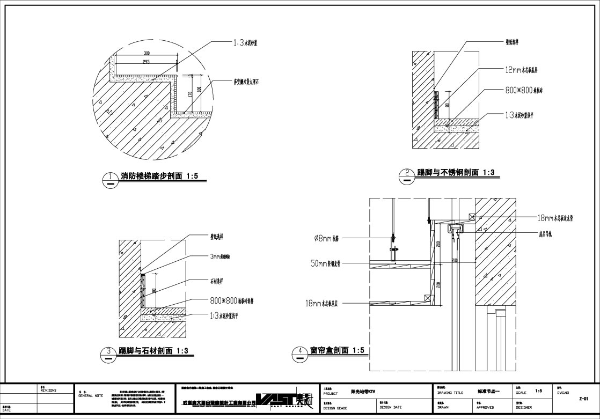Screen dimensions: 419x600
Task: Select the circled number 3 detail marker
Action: tap(109, 352)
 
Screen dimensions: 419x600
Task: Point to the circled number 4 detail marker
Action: tap(299, 352)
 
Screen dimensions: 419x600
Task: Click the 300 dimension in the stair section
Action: tap(147, 53)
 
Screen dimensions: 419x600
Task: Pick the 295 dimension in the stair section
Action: tap(147, 62)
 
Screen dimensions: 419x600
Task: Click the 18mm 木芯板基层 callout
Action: tap(328, 304)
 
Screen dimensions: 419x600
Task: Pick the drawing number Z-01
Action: tap(584, 399)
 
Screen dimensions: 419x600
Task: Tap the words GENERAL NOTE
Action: tap(91, 395)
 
